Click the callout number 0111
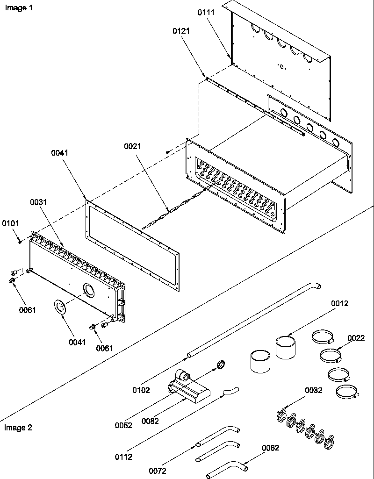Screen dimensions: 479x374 tap(206, 13)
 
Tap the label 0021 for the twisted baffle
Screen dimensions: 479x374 tap(132, 146)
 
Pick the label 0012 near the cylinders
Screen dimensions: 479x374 tap(340, 303)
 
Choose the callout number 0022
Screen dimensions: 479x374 tap(356, 338)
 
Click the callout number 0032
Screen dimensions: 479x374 tap(314, 390)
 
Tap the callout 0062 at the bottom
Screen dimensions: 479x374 tap(271, 448)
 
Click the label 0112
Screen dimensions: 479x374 tap(123, 457)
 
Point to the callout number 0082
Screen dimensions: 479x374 tap(151, 421)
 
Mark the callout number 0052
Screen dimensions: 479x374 tap(123, 425)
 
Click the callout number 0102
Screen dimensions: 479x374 tap(141, 390)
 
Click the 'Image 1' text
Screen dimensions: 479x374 tap(19, 8)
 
